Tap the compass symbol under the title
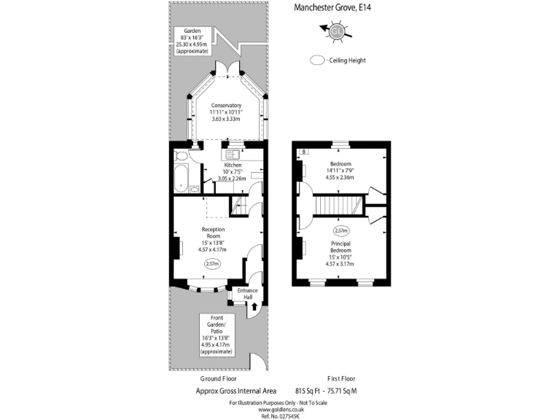[336, 31]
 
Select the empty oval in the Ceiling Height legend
[318, 61]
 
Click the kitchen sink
[233, 154]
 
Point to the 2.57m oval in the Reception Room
[212, 263]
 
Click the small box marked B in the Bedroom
[303, 151]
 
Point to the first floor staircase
[337, 206]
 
